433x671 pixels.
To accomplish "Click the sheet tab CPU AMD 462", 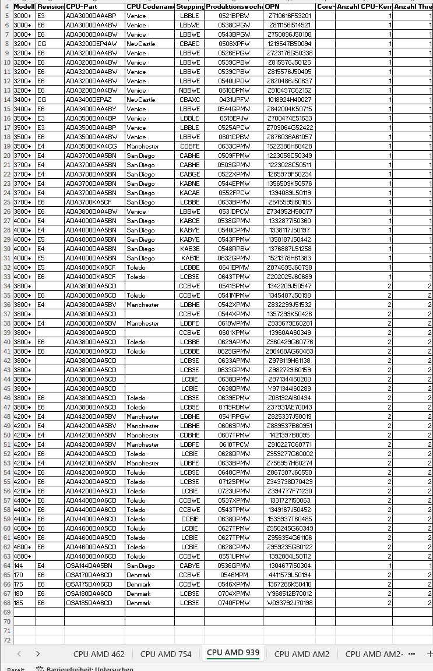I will tap(98, 654).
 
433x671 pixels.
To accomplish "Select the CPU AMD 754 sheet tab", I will tap(166, 654).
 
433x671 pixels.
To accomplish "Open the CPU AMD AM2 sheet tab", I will tap(301, 654).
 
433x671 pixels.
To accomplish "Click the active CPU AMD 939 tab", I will tap(233, 652).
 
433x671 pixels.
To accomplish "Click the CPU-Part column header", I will tap(94, 6).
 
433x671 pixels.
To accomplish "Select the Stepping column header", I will tap(189, 6).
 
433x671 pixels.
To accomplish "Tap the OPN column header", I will tap(289, 6).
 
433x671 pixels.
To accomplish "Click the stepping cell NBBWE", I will tap(189, 90).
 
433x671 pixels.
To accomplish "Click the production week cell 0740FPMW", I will tap(234, 603).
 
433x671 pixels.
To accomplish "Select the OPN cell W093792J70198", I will tap(289, 603).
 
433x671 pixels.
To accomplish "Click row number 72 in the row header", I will tap(7, 640).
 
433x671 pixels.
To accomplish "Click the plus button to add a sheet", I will tap(430, 654).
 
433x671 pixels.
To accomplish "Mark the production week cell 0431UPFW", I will tap(234, 100).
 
